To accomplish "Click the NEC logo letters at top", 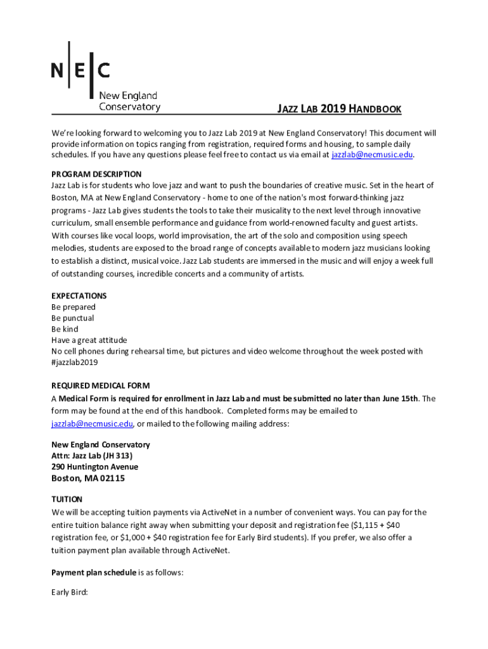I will click(x=80, y=69).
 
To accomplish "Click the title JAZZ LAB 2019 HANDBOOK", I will click(x=339, y=110).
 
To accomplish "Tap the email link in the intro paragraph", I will click(x=372, y=155).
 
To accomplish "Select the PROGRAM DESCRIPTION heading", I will click(x=96, y=174).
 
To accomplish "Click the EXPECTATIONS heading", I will click(x=79, y=296).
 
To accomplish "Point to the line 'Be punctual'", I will click(x=72, y=318).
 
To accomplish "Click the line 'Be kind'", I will click(x=65, y=330).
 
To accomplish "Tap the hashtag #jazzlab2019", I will click(x=74, y=363).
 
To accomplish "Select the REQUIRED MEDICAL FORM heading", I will click(x=100, y=386).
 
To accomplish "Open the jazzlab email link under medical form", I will click(x=92, y=424).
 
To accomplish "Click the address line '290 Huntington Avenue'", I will click(x=94, y=467).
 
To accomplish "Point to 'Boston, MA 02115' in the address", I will click(x=88, y=479).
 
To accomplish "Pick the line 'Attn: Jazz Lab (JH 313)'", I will click(x=92, y=456).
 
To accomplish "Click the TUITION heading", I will click(x=67, y=499).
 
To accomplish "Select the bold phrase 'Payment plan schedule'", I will click(x=94, y=573).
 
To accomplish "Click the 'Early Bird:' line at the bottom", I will click(x=70, y=594).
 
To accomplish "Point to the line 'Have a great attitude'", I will click(x=89, y=340).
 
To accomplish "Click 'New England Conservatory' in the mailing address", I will click(x=100, y=445).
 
